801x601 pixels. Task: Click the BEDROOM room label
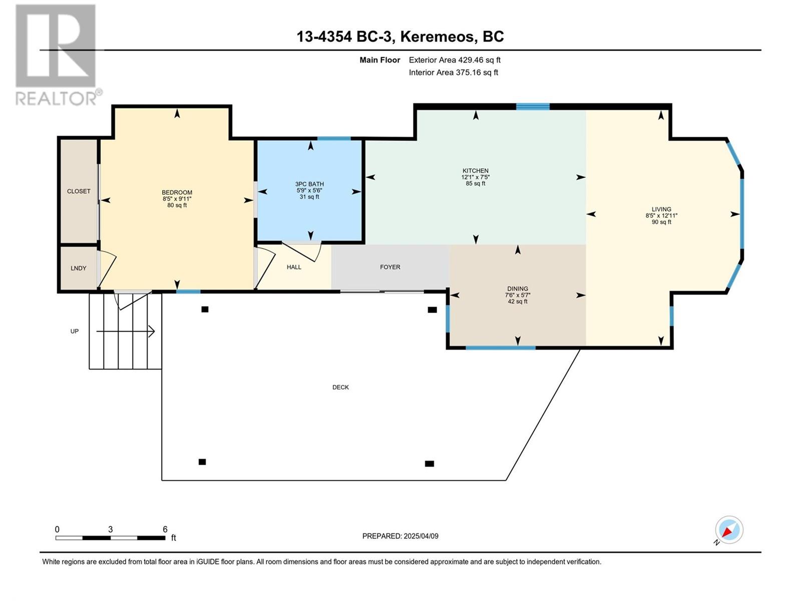point(177,192)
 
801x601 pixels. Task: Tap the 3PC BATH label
point(309,184)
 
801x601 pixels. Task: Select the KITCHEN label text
point(475,171)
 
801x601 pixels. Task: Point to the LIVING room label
point(661,209)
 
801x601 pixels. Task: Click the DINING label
point(517,288)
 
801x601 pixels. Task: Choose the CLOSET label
point(79,191)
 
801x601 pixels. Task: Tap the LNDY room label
point(78,268)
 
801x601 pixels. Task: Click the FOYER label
point(390,267)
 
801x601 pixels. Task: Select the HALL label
point(294,267)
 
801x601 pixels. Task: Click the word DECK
point(340,387)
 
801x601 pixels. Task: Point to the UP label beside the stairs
point(74,331)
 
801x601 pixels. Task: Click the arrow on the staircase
point(126,331)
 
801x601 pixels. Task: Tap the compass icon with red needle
point(728,530)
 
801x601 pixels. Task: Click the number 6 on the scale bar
point(165,529)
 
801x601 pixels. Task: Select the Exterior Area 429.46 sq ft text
point(454,60)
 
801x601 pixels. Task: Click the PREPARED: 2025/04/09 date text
point(400,536)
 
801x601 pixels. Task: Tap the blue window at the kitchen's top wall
point(533,106)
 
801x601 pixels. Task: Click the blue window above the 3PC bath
point(334,138)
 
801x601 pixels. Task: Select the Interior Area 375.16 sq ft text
point(453,73)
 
